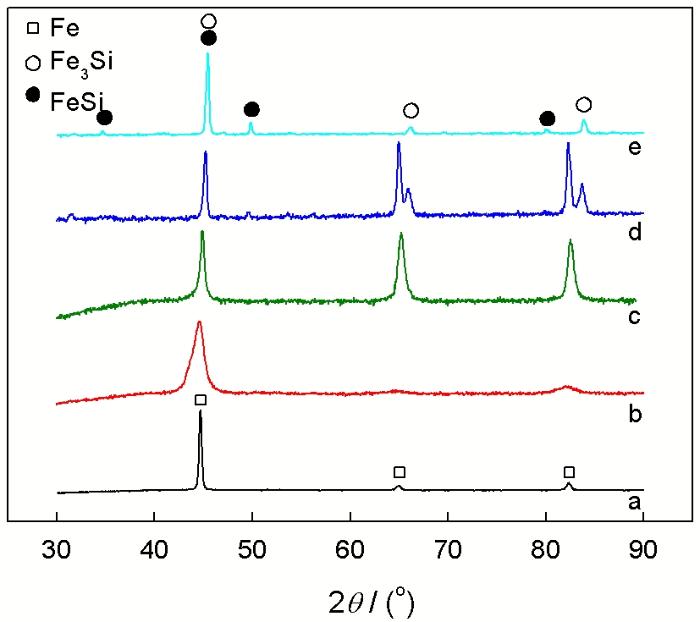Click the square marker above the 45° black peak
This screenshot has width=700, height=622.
(x=200, y=400)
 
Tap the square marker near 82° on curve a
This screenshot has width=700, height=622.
(x=569, y=472)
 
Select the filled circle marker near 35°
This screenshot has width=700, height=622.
(x=104, y=118)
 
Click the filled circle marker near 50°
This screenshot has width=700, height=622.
(x=251, y=109)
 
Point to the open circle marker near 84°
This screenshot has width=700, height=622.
(x=584, y=105)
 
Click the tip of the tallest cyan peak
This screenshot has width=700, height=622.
(x=208, y=54)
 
